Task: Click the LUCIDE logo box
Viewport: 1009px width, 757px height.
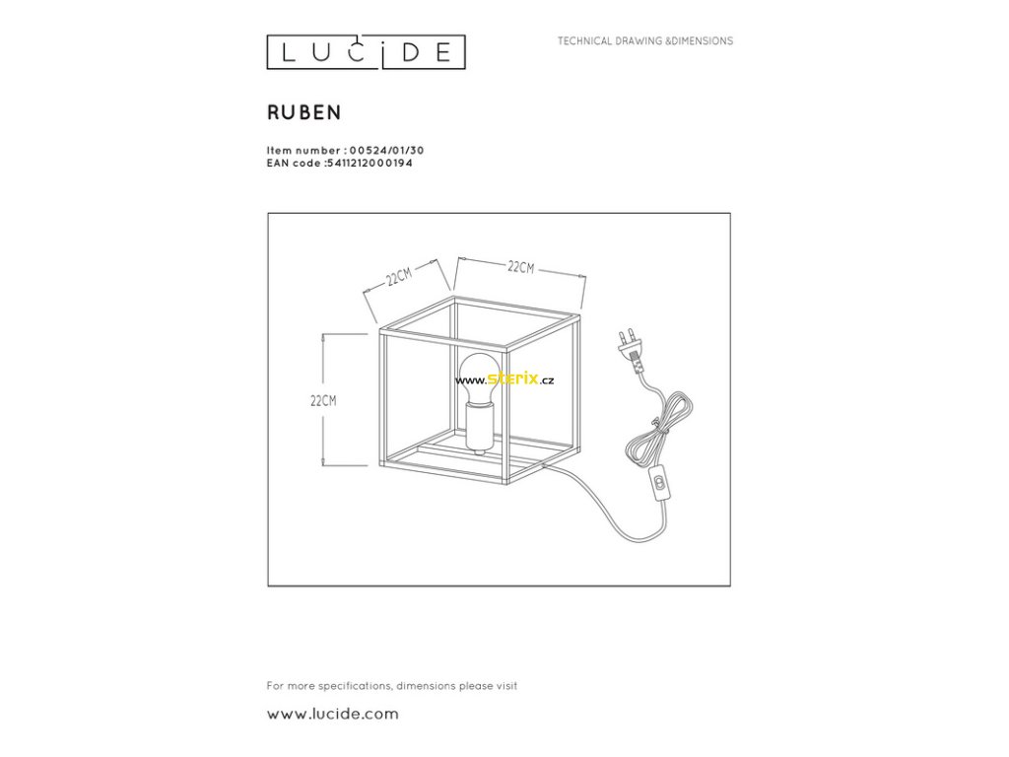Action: click(x=366, y=52)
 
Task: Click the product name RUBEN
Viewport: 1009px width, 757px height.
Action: click(x=304, y=112)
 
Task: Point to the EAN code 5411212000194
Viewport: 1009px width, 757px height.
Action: click(x=370, y=163)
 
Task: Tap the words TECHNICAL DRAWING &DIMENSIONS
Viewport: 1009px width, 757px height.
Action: click(x=645, y=41)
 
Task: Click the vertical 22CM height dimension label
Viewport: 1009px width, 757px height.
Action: click(x=323, y=400)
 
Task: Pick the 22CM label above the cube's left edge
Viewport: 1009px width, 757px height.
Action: click(x=399, y=276)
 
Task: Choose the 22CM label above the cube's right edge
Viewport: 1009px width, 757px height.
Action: click(x=520, y=267)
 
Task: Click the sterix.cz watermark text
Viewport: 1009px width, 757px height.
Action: click(x=520, y=379)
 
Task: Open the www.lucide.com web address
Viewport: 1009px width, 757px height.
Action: click(x=333, y=714)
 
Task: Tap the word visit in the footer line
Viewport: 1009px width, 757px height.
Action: click(x=504, y=685)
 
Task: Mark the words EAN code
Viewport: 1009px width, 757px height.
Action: click(x=293, y=163)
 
